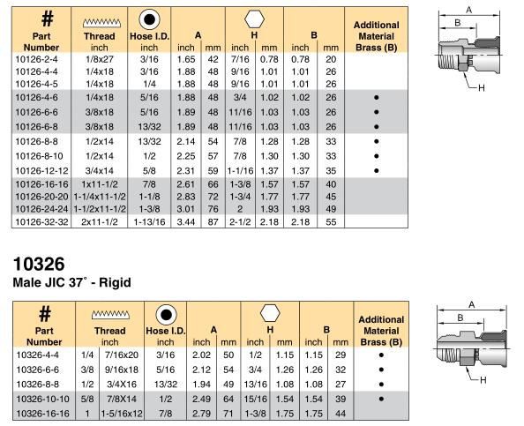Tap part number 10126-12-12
41,170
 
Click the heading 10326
34,266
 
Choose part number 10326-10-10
41,400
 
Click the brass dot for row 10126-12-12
376,170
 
